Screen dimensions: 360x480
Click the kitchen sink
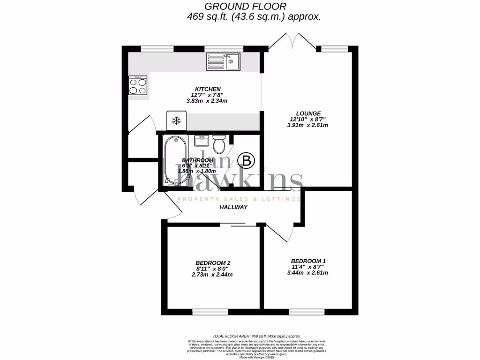click(224, 62)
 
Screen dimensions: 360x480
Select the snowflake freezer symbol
click(176, 121)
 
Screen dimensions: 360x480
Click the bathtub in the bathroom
click(174, 160)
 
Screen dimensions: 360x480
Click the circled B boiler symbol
click(247, 161)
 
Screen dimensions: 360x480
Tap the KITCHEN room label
click(208, 89)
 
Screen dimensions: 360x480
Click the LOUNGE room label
click(308, 113)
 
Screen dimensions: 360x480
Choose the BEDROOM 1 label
click(308, 261)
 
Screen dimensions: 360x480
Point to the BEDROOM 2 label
click(213, 262)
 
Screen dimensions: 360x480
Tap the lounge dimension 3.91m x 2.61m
click(308, 125)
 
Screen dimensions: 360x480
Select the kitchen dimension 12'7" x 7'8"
click(208, 95)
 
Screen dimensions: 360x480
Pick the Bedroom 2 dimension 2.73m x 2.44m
click(213, 275)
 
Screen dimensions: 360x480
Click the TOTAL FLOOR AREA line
click(256, 336)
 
